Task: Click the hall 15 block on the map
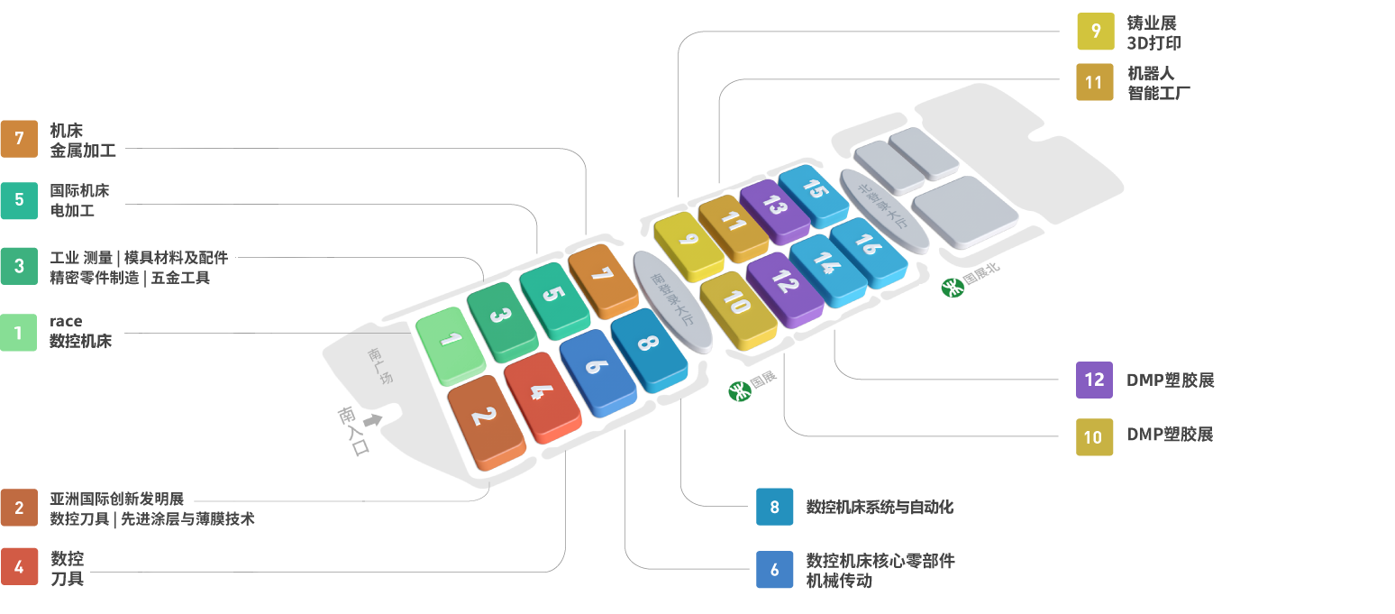[x=814, y=193]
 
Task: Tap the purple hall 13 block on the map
[x=772, y=208]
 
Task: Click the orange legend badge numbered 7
[x=19, y=139]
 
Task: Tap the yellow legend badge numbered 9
[x=1096, y=31]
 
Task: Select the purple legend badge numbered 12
[x=1094, y=380]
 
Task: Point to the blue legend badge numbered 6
[x=775, y=570]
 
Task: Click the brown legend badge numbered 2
[x=19, y=508]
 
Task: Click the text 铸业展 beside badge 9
[x=1153, y=23]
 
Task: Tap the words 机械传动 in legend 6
[x=838, y=582]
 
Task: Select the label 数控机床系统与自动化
[x=880, y=507]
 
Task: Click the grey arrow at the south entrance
[x=371, y=420]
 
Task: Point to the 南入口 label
[x=354, y=431]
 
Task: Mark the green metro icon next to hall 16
[x=952, y=288]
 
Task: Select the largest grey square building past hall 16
[x=964, y=211]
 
